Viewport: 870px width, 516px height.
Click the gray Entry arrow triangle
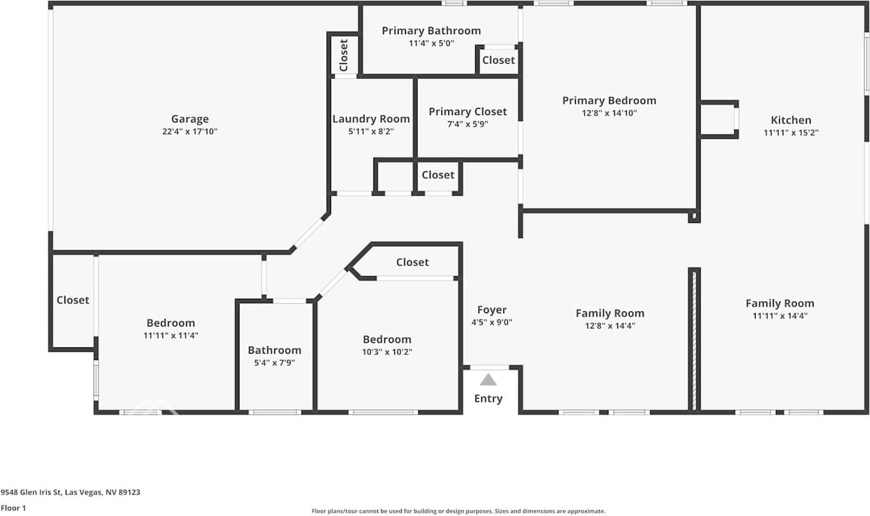click(488, 380)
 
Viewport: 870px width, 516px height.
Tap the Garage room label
click(190, 119)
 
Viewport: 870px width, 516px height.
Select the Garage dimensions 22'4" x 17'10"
click(190, 131)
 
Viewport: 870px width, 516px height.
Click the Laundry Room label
click(371, 119)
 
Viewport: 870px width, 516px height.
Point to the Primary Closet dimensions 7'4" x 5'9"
click(468, 124)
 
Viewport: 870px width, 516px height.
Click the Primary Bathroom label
click(431, 31)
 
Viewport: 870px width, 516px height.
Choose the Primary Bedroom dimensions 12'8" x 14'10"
click(610, 113)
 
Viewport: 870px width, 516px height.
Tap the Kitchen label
click(791, 120)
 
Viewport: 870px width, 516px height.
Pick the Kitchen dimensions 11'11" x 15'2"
click(791, 133)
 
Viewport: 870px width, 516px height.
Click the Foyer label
click(492, 310)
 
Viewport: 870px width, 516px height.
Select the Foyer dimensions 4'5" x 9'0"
click(492, 322)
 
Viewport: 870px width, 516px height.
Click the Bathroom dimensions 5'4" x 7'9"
click(275, 363)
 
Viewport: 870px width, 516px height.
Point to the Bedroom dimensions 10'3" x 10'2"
click(387, 352)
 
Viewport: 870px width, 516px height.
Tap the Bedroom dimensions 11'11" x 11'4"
click(171, 335)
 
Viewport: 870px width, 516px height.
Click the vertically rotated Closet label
click(344, 56)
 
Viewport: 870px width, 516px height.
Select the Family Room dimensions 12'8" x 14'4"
click(610, 326)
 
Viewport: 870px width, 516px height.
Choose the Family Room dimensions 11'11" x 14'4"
click(780, 316)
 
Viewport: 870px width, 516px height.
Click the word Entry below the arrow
click(489, 398)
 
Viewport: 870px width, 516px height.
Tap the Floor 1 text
click(13, 508)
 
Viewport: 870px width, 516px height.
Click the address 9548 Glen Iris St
click(31, 492)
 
